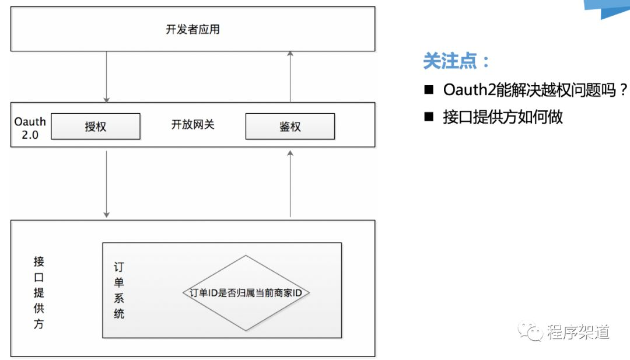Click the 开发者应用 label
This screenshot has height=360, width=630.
192,29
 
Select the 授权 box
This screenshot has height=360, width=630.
96,126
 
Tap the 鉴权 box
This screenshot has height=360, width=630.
290,126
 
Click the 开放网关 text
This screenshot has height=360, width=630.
192,124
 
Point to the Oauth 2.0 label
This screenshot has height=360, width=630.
30,128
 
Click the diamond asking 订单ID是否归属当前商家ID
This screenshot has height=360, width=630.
246,293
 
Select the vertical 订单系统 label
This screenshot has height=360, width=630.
119,290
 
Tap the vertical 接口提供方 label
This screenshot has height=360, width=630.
38,292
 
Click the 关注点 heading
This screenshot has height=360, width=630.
457,61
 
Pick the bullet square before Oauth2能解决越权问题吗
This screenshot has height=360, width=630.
429,90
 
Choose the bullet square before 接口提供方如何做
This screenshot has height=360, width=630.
429,117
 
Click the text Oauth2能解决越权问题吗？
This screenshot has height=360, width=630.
535,90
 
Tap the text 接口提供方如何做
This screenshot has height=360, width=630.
503,117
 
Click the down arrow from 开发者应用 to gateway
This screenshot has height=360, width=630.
106,76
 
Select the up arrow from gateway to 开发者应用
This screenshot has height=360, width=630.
290,76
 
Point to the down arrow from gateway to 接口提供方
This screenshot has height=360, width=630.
106,183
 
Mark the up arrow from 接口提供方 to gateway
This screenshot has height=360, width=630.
290,183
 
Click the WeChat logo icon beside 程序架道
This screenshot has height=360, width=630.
531,332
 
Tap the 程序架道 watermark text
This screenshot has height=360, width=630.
578,332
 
